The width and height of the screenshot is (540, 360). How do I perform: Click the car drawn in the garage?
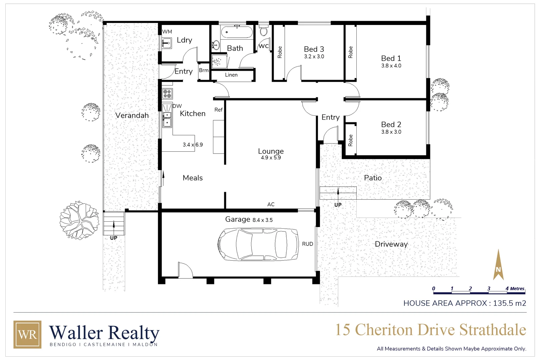click(258, 244)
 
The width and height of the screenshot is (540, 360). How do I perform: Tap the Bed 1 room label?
click(391, 58)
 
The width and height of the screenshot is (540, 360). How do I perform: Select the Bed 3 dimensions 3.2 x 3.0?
click(314, 57)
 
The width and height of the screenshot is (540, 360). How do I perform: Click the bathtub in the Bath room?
click(236, 32)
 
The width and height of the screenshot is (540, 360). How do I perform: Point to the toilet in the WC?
click(264, 31)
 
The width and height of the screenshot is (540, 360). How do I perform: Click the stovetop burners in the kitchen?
click(167, 94)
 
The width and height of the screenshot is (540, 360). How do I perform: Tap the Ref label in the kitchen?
click(218, 110)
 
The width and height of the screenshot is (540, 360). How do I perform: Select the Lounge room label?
click(271, 151)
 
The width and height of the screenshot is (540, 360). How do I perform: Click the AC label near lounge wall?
click(271, 204)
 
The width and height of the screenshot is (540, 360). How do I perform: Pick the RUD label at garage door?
click(307, 244)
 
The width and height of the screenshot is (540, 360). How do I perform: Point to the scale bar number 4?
click(507, 289)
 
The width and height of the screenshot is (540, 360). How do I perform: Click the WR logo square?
click(27, 334)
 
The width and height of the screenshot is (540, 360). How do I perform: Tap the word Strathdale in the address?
click(493, 330)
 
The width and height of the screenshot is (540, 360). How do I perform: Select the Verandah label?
click(132, 115)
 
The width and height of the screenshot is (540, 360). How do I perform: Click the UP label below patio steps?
click(338, 205)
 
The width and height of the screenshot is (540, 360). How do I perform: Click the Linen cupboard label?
click(231, 75)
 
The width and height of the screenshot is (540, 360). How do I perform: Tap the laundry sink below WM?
click(166, 43)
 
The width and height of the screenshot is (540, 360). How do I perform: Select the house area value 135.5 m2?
click(509, 303)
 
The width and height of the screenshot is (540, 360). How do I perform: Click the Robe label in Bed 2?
click(350, 140)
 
